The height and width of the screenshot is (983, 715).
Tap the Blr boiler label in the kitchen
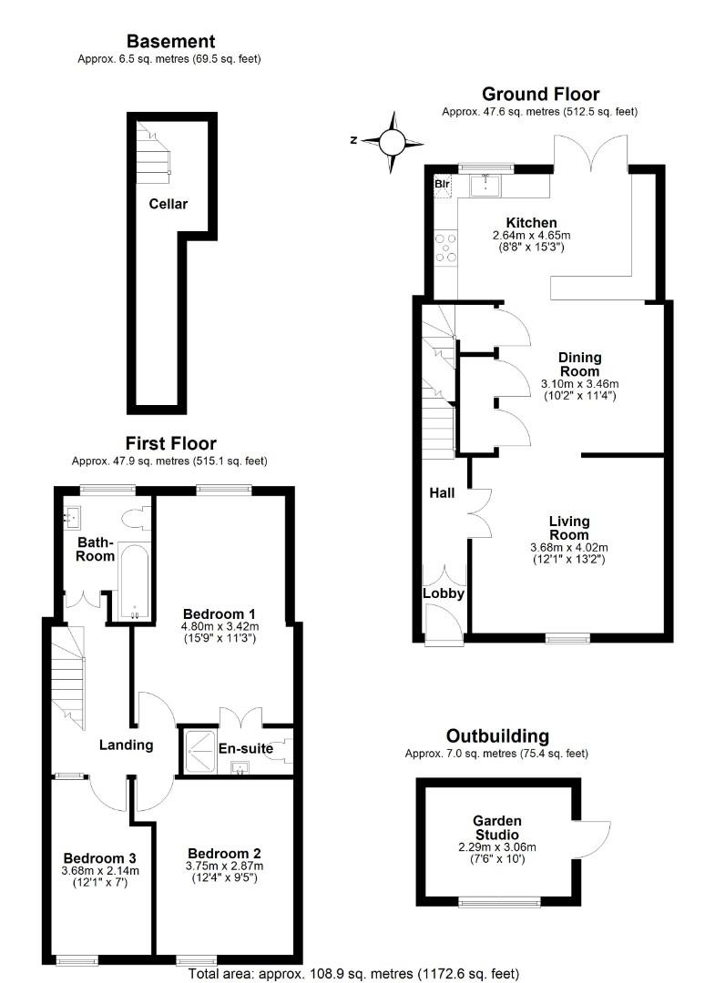pyautogui.click(x=443, y=185)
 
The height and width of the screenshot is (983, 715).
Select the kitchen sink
pyautogui.click(x=485, y=186)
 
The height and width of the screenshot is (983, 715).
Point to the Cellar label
pyautogui.click(x=169, y=204)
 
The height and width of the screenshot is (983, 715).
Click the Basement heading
pyautogui.click(x=170, y=41)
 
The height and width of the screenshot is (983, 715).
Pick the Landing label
pyautogui.click(x=126, y=745)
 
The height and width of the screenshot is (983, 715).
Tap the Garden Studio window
pyautogui.click(x=497, y=903)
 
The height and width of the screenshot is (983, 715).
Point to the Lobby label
pyautogui.click(x=444, y=593)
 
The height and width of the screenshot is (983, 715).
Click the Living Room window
pyautogui.click(x=568, y=638)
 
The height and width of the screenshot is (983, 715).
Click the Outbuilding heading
pyautogui.click(x=497, y=735)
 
